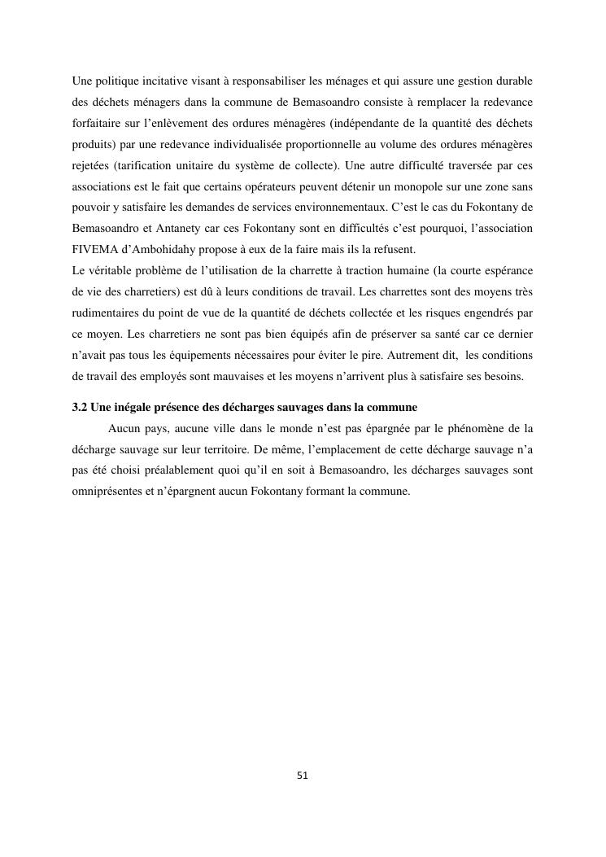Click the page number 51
[303, 776]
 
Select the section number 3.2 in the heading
[80, 407]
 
